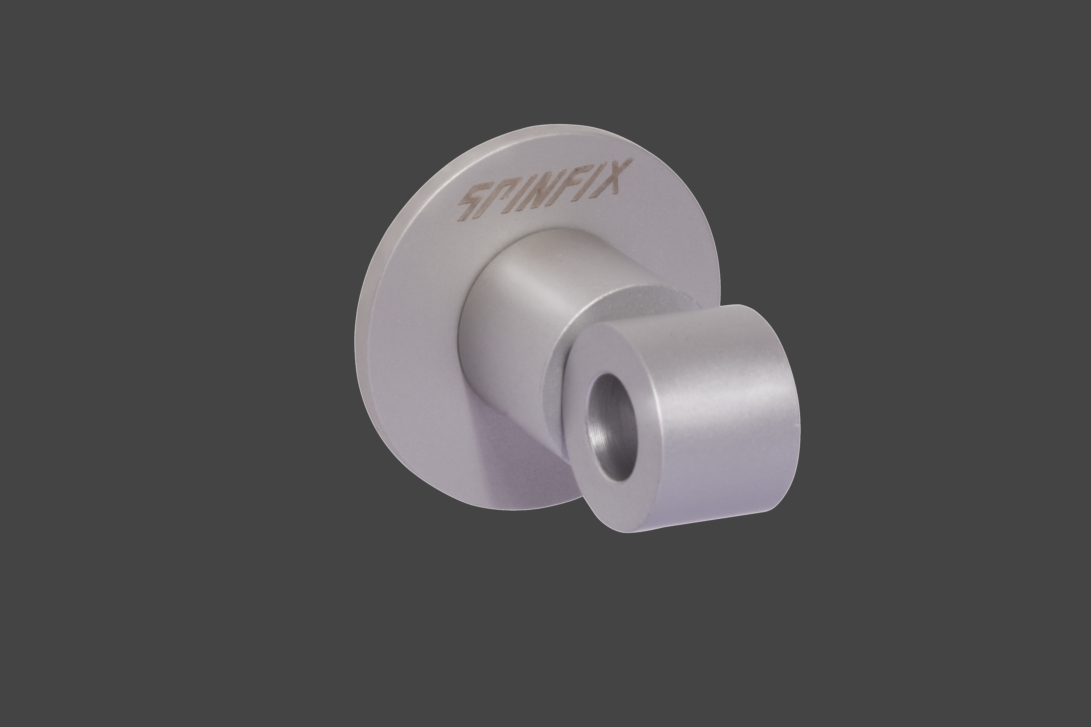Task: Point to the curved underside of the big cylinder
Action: (696, 515)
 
